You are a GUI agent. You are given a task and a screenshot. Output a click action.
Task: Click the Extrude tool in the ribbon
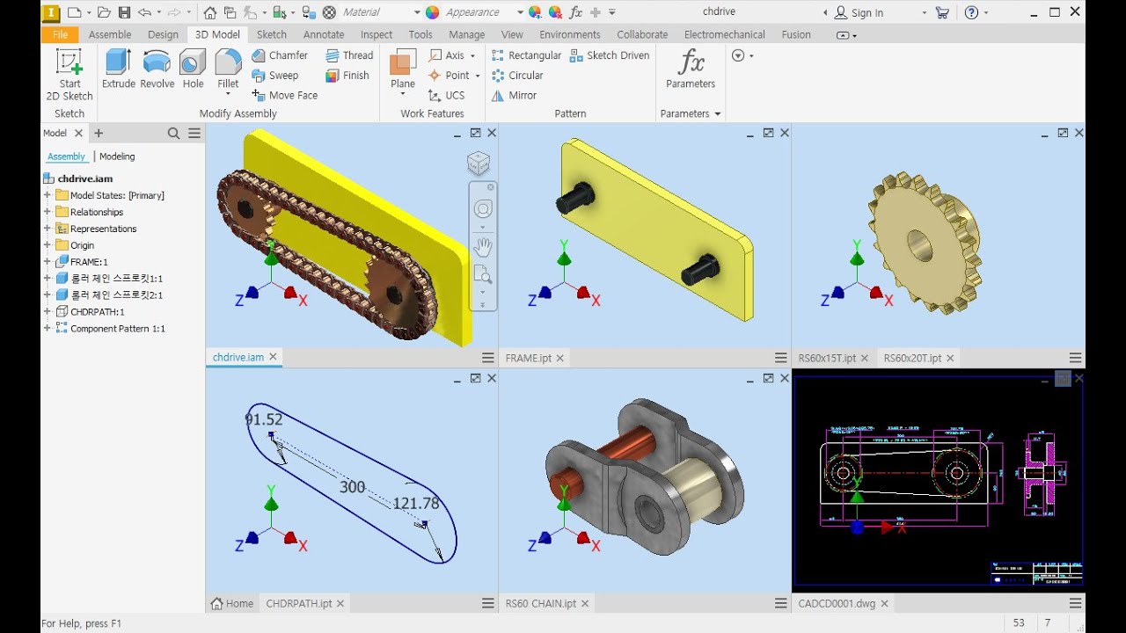(x=118, y=69)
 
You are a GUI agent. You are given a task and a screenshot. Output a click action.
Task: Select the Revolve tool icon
(x=157, y=69)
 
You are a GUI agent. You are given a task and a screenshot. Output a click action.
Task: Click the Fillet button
(x=228, y=69)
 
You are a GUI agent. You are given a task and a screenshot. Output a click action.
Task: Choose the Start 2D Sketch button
(x=69, y=74)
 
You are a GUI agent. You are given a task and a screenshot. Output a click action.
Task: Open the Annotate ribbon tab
(x=324, y=34)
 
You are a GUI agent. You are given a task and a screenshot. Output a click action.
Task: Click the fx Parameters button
(x=691, y=69)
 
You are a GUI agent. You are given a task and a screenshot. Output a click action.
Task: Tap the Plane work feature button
(x=403, y=69)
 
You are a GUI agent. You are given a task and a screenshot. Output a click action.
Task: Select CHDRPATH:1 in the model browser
(x=97, y=312)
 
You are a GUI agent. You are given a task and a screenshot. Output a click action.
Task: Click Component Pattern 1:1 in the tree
(x=117, y=329)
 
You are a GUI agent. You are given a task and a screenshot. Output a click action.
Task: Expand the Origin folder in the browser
(x=48, y=245)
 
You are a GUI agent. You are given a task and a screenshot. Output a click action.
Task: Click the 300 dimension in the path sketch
(x=352, y=487)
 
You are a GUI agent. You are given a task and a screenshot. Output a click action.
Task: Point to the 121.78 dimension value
(x=415, y=504)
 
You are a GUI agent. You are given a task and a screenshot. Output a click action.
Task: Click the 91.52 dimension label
(x=264, y=420)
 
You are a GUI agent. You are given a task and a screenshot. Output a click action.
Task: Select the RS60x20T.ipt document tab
(x=911, y=358)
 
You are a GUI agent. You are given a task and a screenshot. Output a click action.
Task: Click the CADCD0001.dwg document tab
(x=836, y=603)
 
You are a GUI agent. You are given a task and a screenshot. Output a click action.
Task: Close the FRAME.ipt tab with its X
(x=559, y=358)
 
